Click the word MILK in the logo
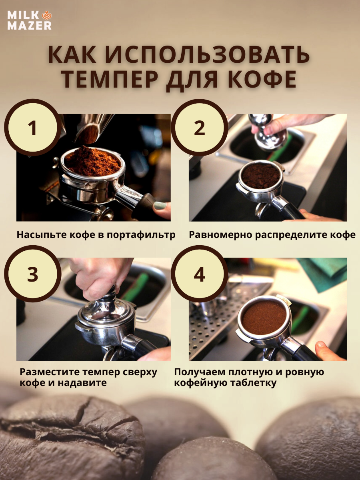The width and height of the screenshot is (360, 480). pyautogui.click(x=23, y=15)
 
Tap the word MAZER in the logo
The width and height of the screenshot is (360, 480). pyautogui.click(x=30, y=26)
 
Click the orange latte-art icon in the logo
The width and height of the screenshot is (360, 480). pyautogui.click(x=46, y=15)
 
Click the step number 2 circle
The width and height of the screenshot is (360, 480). pyautogui.click(x=199, y=128)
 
